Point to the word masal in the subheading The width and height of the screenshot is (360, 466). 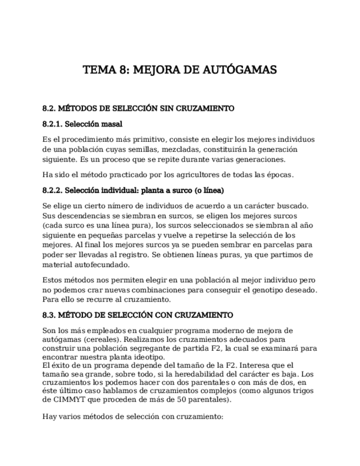coord(112,124)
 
